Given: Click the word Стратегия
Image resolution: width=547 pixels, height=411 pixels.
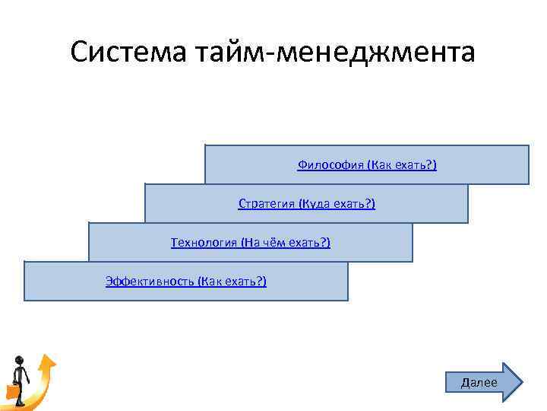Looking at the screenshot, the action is tap(266, 204).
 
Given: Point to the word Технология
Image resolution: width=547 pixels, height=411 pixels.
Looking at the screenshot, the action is tap(204, 243).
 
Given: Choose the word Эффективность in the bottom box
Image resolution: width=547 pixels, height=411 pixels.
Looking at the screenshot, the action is tap(150, 282).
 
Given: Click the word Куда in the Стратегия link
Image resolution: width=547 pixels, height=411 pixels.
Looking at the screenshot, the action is tap(316, 204).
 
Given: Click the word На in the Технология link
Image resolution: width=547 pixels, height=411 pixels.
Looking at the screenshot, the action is tap(251, 243).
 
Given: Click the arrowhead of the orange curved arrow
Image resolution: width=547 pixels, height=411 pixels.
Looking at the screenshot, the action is tap(48, 359).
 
